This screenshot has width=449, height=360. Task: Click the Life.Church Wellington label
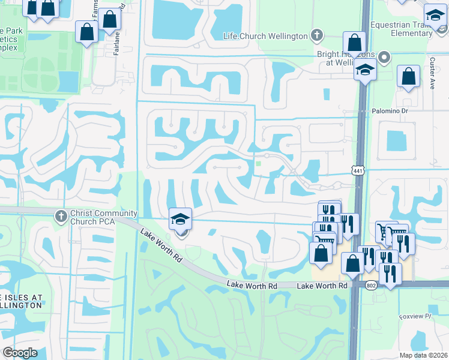[265, 37]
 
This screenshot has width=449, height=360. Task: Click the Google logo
[20, 353]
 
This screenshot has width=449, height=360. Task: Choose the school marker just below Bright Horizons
[364, 70]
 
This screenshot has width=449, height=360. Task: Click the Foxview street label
[415, 316]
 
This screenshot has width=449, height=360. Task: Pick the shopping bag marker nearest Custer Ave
[408, 77]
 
